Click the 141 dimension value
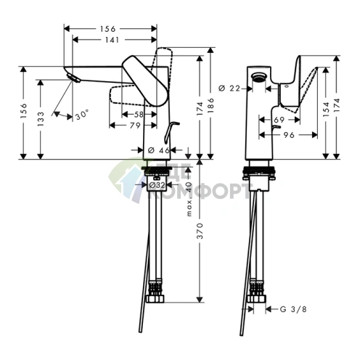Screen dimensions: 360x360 (x=111, y=41)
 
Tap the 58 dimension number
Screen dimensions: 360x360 (x=139, y=115)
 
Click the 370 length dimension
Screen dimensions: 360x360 (x=200, y=232)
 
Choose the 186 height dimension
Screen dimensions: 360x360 (x=211, y=106)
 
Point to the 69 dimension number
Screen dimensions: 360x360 (x=279, y=118)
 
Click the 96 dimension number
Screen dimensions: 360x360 (x=287, y=134)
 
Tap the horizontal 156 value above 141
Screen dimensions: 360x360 (x=111, y=29)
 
